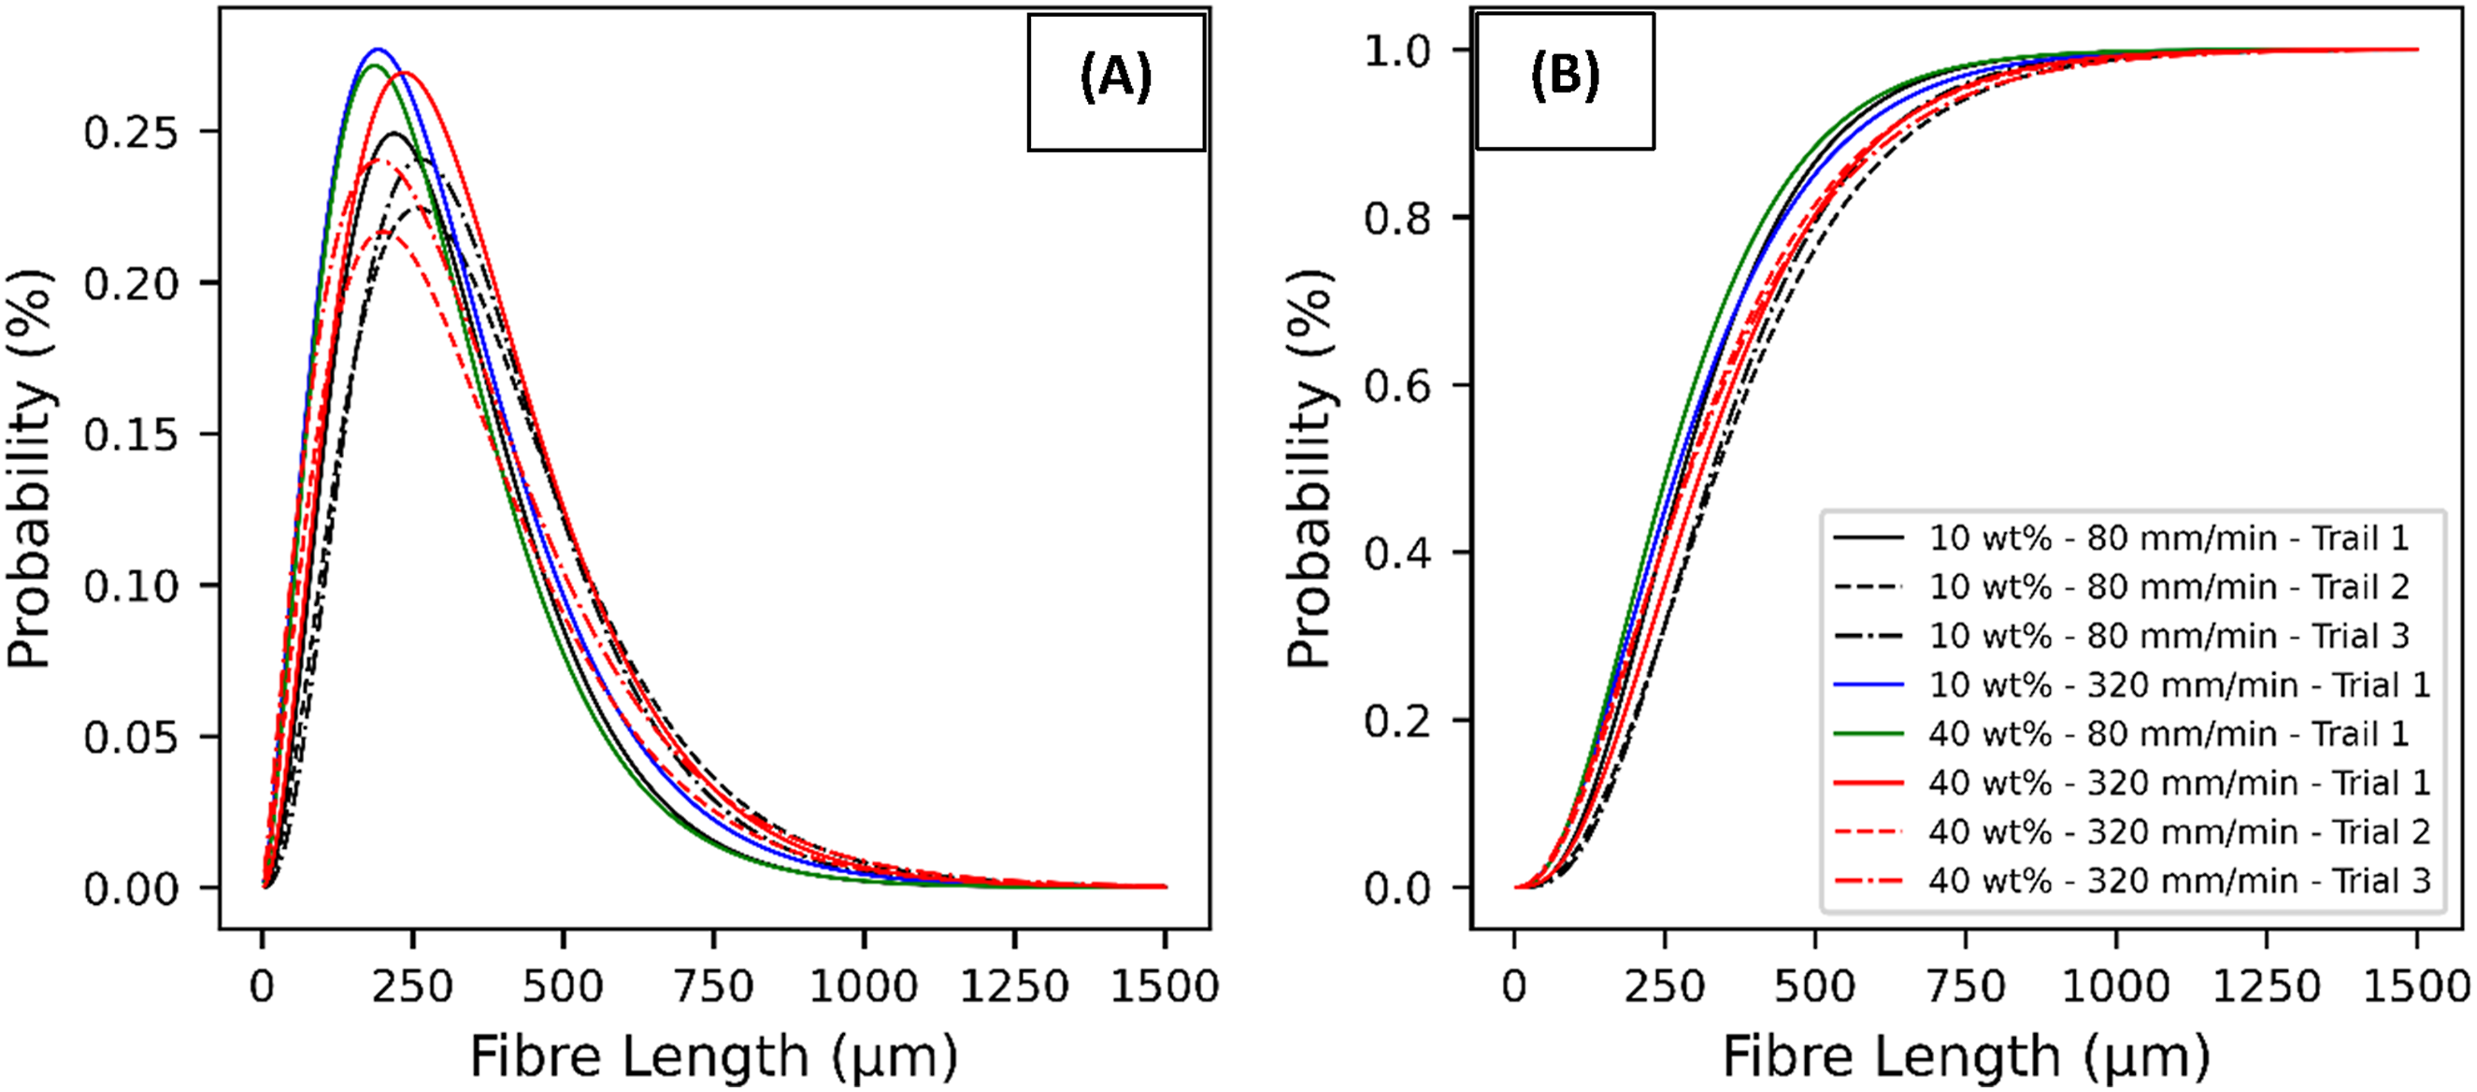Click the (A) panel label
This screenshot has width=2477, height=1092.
pyautogui.click(x=1115, y=77)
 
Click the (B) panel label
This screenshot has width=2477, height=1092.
pyautogui.click(x=1565, y=75)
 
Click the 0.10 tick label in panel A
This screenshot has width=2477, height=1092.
pyautogui.click(x=131, y=586)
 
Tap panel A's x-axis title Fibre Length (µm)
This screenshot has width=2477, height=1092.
pyautogui.click(x=714, y=1056)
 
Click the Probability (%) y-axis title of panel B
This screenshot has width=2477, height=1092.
pyautogui.click(x=1309, y=468)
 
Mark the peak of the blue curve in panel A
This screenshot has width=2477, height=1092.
pyautogui.click(x=377, y=49)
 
